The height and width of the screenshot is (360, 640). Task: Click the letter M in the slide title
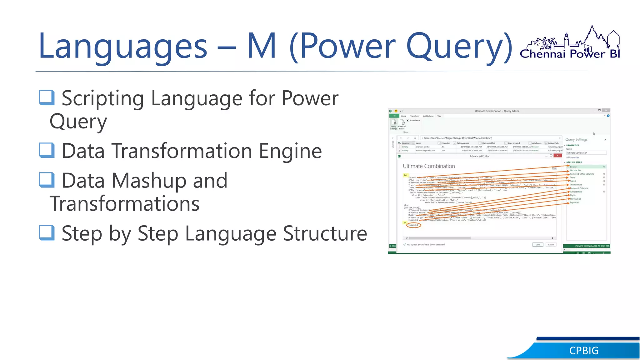pos(262,46)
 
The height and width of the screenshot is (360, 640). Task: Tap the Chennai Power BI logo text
pos(569,54)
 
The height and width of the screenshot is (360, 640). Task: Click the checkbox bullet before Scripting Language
pos(47,97)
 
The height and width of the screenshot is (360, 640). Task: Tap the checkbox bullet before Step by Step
pos(47,233)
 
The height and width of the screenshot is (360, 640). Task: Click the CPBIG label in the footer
pos(584,351)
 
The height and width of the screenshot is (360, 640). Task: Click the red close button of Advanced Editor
pos(557,156)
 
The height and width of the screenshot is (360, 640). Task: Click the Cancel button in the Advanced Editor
pos(551,245)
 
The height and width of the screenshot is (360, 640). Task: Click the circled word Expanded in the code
pos(413,225)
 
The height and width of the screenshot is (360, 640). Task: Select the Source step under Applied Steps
pos(573,167)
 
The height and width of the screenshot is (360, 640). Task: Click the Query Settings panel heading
pos(576,140)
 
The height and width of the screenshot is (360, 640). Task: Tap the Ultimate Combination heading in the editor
pos(429,166)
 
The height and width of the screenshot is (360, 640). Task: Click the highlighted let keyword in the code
pos(406,175)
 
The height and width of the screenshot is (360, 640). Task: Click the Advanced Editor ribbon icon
pos(402,124)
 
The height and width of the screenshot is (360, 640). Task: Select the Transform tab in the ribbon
pos(414,116)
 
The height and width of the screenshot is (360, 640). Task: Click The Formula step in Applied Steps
pos(576,185)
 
